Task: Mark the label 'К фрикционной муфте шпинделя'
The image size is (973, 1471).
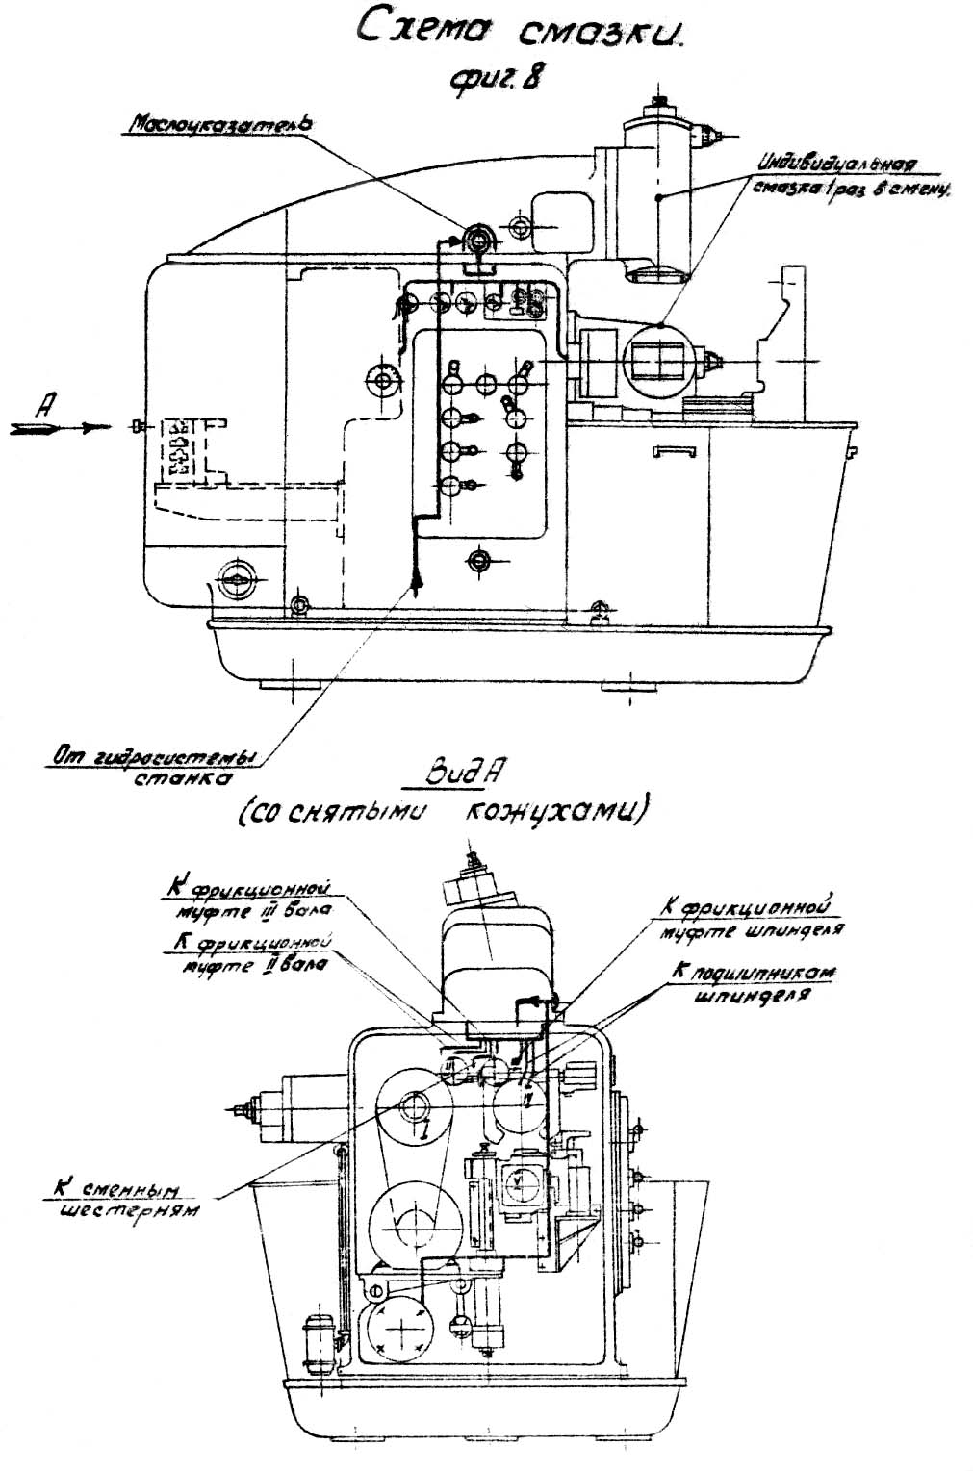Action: coord(743,917)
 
